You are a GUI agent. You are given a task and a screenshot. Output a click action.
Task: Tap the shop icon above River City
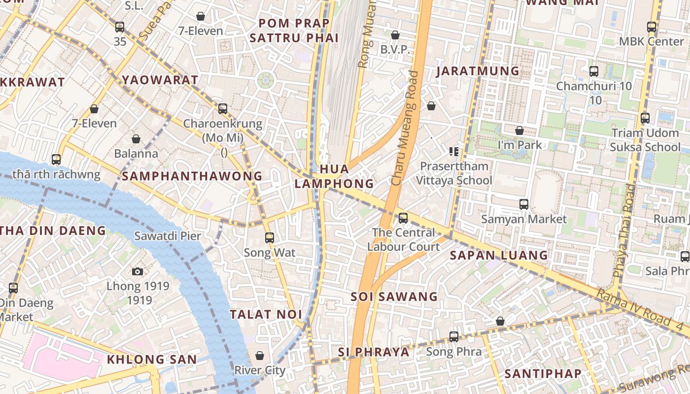[x=260, y=356]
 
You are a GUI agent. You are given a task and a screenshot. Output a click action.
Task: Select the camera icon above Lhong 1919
[x=138, y=271]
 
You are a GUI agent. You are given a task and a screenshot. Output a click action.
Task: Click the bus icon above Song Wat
[x=269, y=238]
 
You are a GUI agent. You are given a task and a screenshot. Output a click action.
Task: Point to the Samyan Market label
[x=524, y=219]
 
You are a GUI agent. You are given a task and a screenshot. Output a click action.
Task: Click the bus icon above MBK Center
[x=652, y=27]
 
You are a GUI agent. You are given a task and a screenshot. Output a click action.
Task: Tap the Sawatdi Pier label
[x=168, y=236]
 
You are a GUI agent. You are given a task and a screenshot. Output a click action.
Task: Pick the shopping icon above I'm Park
[x=519, y=131]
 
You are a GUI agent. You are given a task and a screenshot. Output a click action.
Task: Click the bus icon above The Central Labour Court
[x=403, y=218]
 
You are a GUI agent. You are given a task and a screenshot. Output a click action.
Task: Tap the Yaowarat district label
[x=160, y=80]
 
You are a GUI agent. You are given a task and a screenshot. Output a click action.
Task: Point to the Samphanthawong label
[x=192, y=176]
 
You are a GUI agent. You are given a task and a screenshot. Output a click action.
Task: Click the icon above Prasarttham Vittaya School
[x=454, y=152]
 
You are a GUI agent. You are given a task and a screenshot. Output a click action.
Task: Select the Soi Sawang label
[x=394, y=296]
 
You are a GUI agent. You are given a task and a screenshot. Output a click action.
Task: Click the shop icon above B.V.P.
[x=395, y=35]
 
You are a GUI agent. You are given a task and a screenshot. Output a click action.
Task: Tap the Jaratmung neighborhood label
[x=478, y=71]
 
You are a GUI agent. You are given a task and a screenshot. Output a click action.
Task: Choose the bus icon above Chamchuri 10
[x=593, y=71]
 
